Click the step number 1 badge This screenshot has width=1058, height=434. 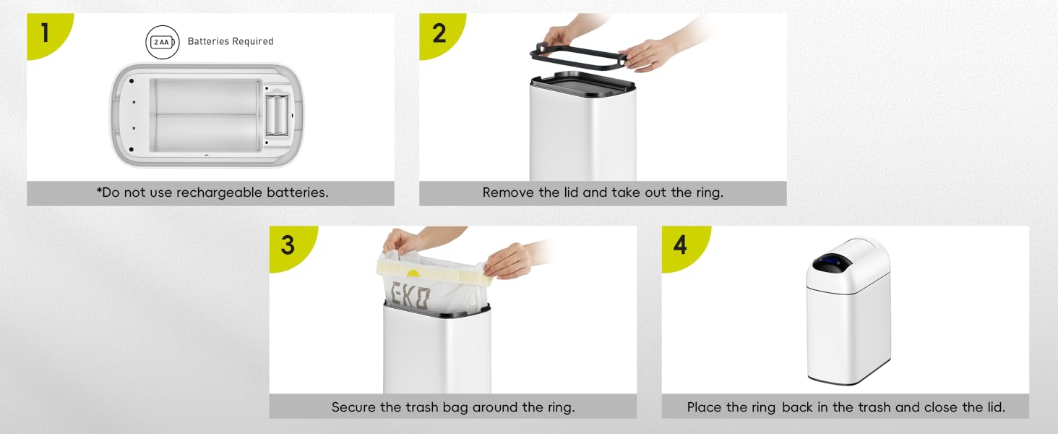[46, 33]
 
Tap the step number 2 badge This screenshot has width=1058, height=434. [439, 33]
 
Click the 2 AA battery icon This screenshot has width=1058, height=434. [163, 42]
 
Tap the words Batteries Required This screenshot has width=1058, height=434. [231, 42]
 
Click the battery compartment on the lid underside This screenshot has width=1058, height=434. [277, 115]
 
